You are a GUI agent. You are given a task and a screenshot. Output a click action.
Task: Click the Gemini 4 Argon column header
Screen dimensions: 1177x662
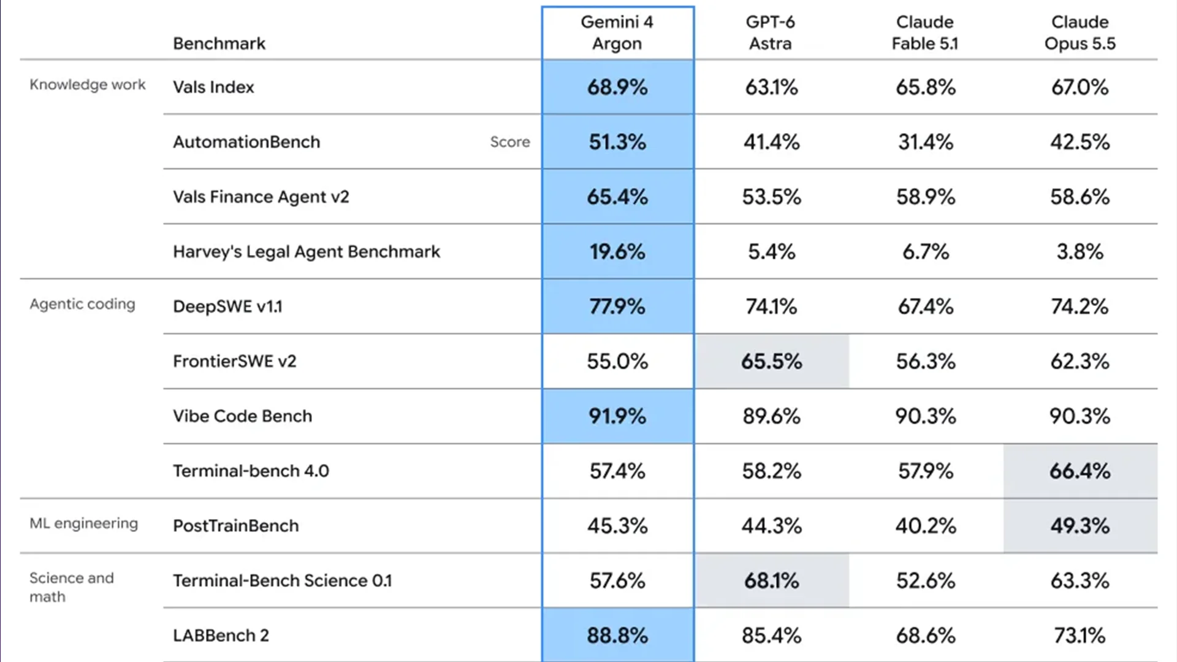[617, 33]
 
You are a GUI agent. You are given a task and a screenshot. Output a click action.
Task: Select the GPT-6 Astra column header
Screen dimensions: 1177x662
[771, 33]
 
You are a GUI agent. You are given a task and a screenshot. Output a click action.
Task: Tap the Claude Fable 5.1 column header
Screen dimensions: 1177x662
[925, 33]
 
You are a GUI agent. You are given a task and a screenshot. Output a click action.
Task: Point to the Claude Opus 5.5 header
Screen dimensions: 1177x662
[1080, 33]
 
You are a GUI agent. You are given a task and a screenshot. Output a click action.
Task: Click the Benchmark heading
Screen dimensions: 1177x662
[219, 44]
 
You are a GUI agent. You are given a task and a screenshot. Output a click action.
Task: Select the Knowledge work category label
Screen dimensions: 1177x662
[88, 85]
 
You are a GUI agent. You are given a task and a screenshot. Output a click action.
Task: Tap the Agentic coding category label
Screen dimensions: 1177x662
[82, 304]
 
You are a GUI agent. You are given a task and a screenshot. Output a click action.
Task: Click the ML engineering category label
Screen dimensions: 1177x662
[84, 523]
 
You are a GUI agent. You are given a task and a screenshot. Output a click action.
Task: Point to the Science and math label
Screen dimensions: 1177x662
[72, 587]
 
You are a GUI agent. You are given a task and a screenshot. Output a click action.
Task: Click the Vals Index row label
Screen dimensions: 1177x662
[213, 87]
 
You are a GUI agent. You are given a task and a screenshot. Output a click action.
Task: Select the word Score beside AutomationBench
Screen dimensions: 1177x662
[510, 142]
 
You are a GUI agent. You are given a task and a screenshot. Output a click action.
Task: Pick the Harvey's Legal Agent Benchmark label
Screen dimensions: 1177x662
[307, 252]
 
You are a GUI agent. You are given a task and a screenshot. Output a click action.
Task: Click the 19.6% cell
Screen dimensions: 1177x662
[617, 252]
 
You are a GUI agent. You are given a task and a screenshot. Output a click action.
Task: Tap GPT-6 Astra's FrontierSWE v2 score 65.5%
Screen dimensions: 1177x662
[772, 362]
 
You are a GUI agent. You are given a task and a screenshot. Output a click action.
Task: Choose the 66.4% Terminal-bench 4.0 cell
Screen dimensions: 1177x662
[1080, 471]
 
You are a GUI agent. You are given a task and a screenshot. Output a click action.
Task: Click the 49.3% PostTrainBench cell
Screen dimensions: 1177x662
[1080, 526]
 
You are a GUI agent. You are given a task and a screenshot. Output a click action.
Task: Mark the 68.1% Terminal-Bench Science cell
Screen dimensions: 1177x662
[772, 580]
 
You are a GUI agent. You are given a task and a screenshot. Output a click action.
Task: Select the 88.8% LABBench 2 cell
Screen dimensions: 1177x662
[617, 636]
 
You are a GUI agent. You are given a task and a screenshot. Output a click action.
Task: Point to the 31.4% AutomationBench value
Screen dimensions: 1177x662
[926, 142]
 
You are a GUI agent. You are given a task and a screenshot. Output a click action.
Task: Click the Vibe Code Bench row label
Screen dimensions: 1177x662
[243, 416]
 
